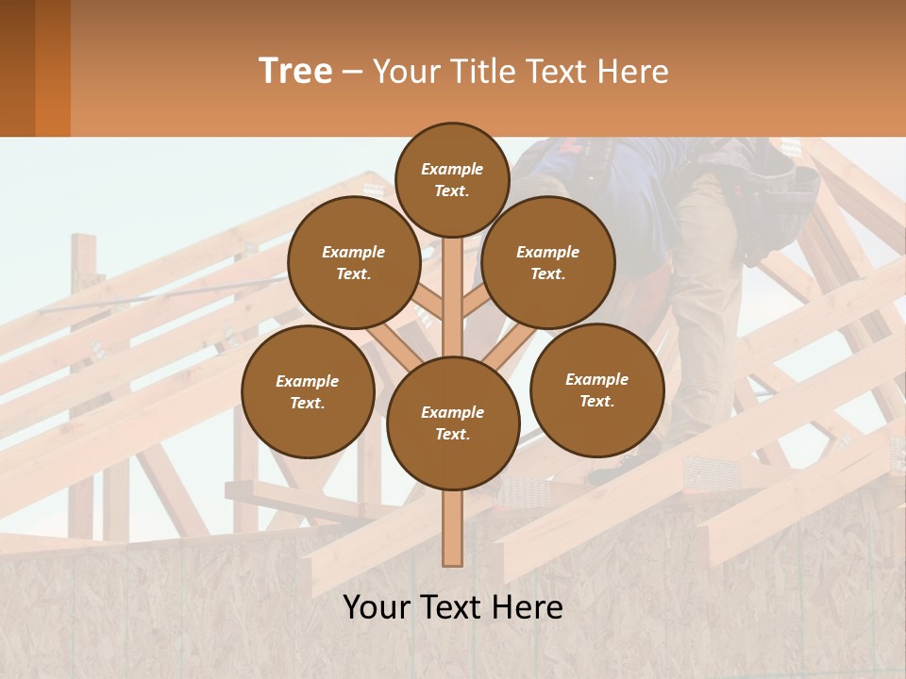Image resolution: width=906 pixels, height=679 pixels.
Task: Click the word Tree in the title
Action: [x=295, y=72]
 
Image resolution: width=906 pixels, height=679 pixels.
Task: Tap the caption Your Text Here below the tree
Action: [x=452, y=607]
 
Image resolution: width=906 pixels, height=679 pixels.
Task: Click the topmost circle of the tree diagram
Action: [x=452, y=179]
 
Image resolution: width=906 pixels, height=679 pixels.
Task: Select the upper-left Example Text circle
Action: [x=354, y=262]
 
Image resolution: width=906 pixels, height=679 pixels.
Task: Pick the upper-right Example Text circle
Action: [x=548, y=262]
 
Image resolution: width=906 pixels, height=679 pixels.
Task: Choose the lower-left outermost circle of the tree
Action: [x=308, y=391]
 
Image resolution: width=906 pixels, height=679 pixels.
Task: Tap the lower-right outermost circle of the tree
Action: [x=597, y=389]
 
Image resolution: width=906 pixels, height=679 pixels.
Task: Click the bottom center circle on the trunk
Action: [x=453, y=423]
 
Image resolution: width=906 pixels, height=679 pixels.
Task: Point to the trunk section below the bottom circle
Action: [x=453, y=528]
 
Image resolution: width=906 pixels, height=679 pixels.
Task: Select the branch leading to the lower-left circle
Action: [x=382, y=339]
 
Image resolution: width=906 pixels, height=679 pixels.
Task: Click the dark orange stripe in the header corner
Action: [x=53, y=68]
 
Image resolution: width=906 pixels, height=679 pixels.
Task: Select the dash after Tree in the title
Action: [x=352, y=72]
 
